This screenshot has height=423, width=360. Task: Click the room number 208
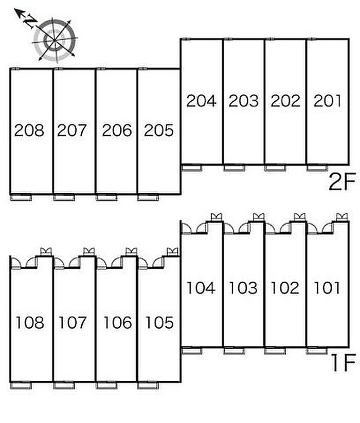click(29, 130)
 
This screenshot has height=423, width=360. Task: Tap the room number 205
click(159, 130)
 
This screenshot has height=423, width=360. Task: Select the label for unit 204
click(201, 101)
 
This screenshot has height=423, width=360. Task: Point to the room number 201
click(328, 101)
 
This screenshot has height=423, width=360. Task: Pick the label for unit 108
click(30, 322)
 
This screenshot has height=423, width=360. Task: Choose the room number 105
click(159, 322)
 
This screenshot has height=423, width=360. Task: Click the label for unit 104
click(201, 288)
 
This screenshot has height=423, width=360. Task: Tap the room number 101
click(327, 288)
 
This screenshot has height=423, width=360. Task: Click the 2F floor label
click(342, 181)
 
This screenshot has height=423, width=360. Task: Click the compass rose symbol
click(55, 40)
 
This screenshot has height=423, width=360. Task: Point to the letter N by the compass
click(30, 21)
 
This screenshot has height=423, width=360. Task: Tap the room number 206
click(117, 130)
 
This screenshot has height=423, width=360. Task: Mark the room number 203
click(243, 101)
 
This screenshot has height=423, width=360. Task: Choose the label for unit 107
click(73, 322)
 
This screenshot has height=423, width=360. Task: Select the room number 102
click(285, 288)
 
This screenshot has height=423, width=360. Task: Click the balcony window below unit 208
click(21, 198)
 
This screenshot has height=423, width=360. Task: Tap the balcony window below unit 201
click(317, 168)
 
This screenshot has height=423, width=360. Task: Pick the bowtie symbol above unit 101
click(342, 217)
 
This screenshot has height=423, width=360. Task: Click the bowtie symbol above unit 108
click(46, 251)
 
